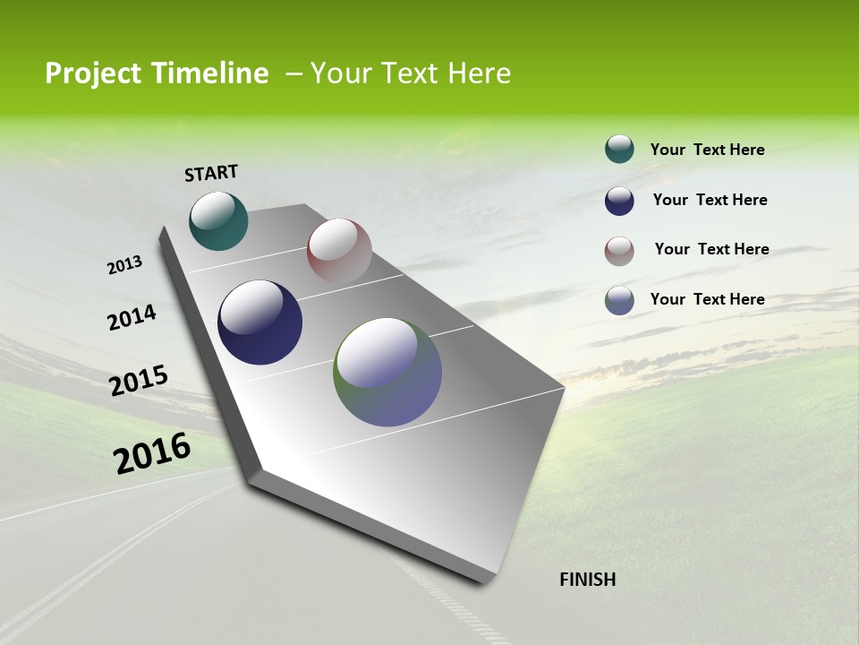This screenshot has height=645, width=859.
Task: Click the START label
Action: tap(211, 173)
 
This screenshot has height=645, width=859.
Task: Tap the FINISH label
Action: tap(587, 580)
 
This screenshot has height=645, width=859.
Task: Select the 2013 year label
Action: tap(125, 265)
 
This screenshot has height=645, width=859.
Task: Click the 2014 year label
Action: tap(132, 318)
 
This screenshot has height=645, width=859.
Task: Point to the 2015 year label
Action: tap(139, 381)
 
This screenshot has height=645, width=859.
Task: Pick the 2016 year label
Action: tap(152, 453)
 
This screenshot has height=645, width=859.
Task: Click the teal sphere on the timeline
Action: tap(218, 221)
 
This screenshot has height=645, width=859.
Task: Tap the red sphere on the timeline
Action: tap(339, 251)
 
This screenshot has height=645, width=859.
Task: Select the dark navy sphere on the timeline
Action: tap(259, 322)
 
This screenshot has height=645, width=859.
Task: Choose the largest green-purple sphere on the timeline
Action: tap(387, 372)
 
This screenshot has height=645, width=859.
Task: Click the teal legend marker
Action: tap(619, 150)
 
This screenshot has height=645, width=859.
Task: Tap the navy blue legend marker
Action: tap(619, 201)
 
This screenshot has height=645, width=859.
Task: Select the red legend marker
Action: tap(619, 251)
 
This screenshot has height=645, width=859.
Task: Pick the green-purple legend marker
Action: tap(619, 300)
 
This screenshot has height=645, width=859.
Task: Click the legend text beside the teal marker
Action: tap(707, 150)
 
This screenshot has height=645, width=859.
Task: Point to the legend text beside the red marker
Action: tap(711, 249)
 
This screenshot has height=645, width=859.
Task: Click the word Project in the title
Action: tap(92, 73)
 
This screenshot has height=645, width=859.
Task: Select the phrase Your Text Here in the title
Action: tap(411, 73)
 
